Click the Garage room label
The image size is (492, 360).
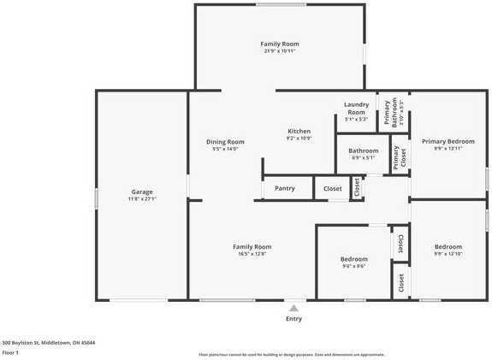(x=142, y=192)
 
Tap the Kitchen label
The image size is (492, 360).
(x=299, y=131)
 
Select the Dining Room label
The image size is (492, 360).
(x=225, y=141)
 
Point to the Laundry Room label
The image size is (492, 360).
(x=356, y=108)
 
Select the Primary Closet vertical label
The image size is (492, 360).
(x=396, y=157)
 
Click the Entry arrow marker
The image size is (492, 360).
(x=293, y=308)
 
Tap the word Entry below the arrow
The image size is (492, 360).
(x=293, y=318)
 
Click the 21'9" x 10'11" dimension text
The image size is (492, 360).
(x=280, y=50)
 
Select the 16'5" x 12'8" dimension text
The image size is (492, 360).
(x=252, y=253)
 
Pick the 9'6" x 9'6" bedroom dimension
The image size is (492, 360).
(x=354, y=266)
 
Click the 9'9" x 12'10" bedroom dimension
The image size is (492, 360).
(x=448, y=253)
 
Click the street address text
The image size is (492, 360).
(x=49, y=342)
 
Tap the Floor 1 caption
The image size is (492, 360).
(x=11, y=352)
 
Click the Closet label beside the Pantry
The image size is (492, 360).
(x=333, y=188)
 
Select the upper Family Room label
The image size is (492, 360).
(x=280, y=44)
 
